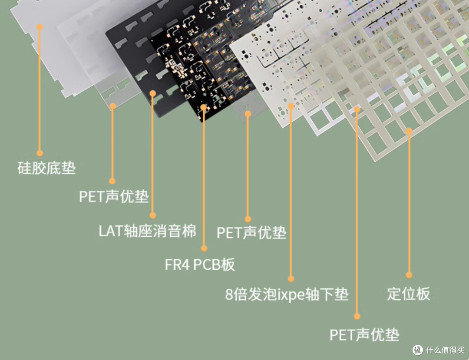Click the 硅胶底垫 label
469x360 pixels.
pos(46,168)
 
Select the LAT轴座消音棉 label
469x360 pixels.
pos(148,231)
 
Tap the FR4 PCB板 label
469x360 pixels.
pos(200,264)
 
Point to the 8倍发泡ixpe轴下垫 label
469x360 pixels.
pos(287,294)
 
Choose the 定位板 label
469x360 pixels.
pos(409,294)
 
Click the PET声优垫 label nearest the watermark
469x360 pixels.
pos(364,334)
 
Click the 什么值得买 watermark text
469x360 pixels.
pos(446,350)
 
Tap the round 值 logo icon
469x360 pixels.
pos(418,350)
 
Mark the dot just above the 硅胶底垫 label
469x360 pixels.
pos(40,153)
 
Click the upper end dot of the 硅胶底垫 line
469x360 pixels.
pos(40,27)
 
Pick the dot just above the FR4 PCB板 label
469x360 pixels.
pos(204,248)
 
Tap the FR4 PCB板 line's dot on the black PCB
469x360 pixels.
pos(204,107)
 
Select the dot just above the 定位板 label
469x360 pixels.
pos(409,275)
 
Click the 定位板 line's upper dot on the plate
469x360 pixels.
pos(409,131)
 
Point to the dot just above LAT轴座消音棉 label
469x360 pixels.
pos(152,215)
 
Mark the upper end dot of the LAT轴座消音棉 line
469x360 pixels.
pos(152,94)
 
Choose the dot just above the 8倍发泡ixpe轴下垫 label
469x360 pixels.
pos(291,279)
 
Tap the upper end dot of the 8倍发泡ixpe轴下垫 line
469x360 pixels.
pos(291,106)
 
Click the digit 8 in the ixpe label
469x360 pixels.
pos(229,295)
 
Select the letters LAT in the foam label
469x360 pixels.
pos(111,231)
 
